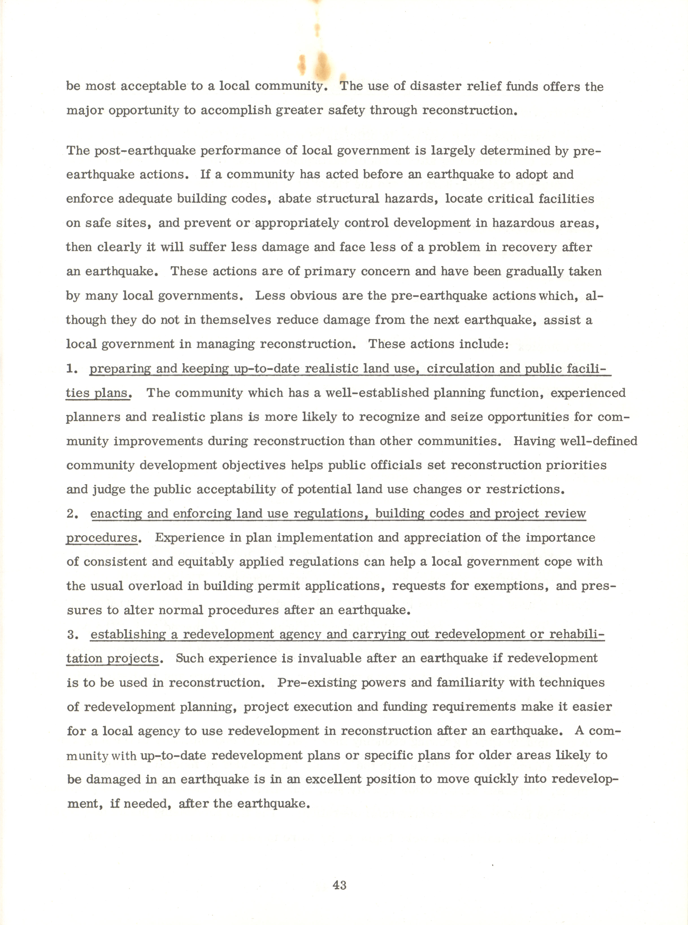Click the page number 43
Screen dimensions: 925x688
pyautogui.click(x=339, y=885)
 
